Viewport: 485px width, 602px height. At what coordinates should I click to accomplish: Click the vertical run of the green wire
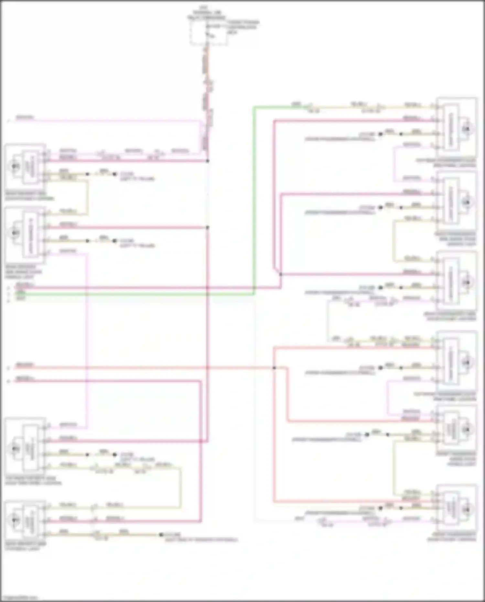pos(254,201)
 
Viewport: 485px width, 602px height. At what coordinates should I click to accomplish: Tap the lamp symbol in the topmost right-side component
pos(466,129)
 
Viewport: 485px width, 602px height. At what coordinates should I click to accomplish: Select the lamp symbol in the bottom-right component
pos(466,510)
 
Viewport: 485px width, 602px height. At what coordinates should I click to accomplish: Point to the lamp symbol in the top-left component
pos(15,166)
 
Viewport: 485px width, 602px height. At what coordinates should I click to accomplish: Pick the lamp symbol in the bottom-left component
pos(15,520)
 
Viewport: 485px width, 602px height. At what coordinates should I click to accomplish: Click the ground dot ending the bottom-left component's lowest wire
pos(161,535)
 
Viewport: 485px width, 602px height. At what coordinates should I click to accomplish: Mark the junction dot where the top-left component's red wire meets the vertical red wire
pos(208,161)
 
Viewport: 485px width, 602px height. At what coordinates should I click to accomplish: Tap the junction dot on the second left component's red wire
pos(208,227)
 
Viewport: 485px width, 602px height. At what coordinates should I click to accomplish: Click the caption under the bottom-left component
pos(26,546)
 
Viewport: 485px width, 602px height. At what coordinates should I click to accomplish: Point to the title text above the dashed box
pos(207,12)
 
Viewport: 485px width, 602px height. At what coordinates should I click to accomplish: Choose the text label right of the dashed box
pos(242,27)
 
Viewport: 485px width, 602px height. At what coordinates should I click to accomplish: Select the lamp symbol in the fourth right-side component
pos(466,363)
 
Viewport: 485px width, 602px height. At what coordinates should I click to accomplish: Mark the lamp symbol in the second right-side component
pos(466,202)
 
